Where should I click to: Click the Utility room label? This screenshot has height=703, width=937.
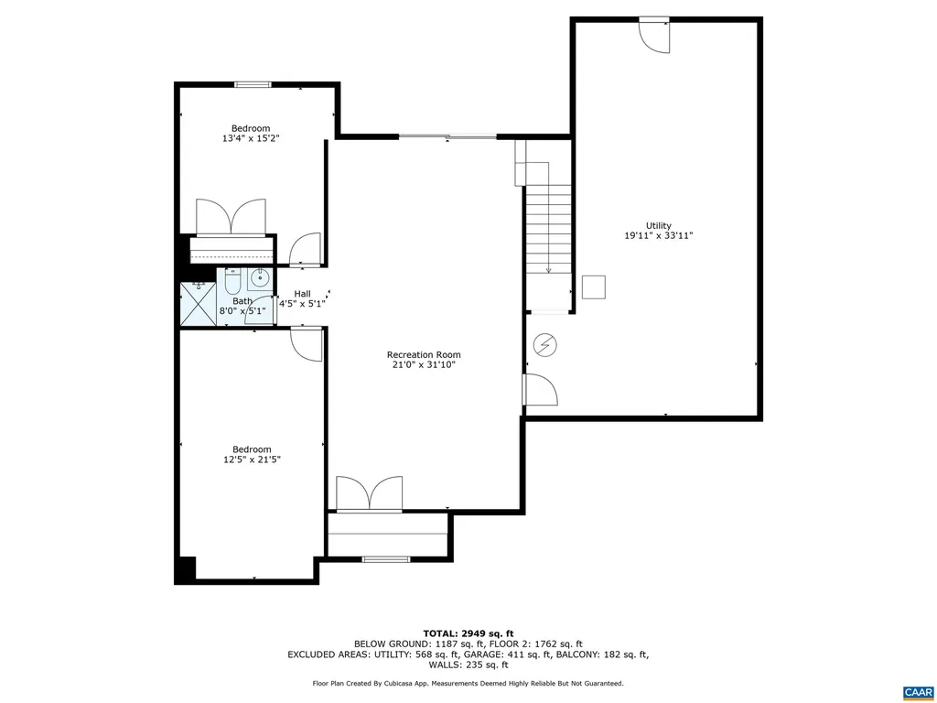(x=658, y=225)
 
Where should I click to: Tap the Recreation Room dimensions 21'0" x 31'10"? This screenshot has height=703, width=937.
(x=424, y=364)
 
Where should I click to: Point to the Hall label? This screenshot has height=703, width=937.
(x=302, y=294)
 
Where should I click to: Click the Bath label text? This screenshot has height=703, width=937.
(x=242, y=301)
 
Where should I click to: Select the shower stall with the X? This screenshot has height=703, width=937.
(x=197, y=304)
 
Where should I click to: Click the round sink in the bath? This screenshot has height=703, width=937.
(x=260, y=279)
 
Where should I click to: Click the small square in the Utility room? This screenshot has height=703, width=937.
(x=595, y=287)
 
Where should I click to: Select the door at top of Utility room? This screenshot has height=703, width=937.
(x=654, y=34)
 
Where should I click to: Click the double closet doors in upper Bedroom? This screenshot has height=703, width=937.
(x=232, y=217)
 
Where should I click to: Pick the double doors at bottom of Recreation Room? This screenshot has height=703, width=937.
(x=369, y=492)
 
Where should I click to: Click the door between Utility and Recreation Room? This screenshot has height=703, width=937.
(x=539, y=389)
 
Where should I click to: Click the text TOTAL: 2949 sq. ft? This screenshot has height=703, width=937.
(x=468, y=633)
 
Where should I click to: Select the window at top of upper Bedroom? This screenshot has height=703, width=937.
(x=253, y=85)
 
